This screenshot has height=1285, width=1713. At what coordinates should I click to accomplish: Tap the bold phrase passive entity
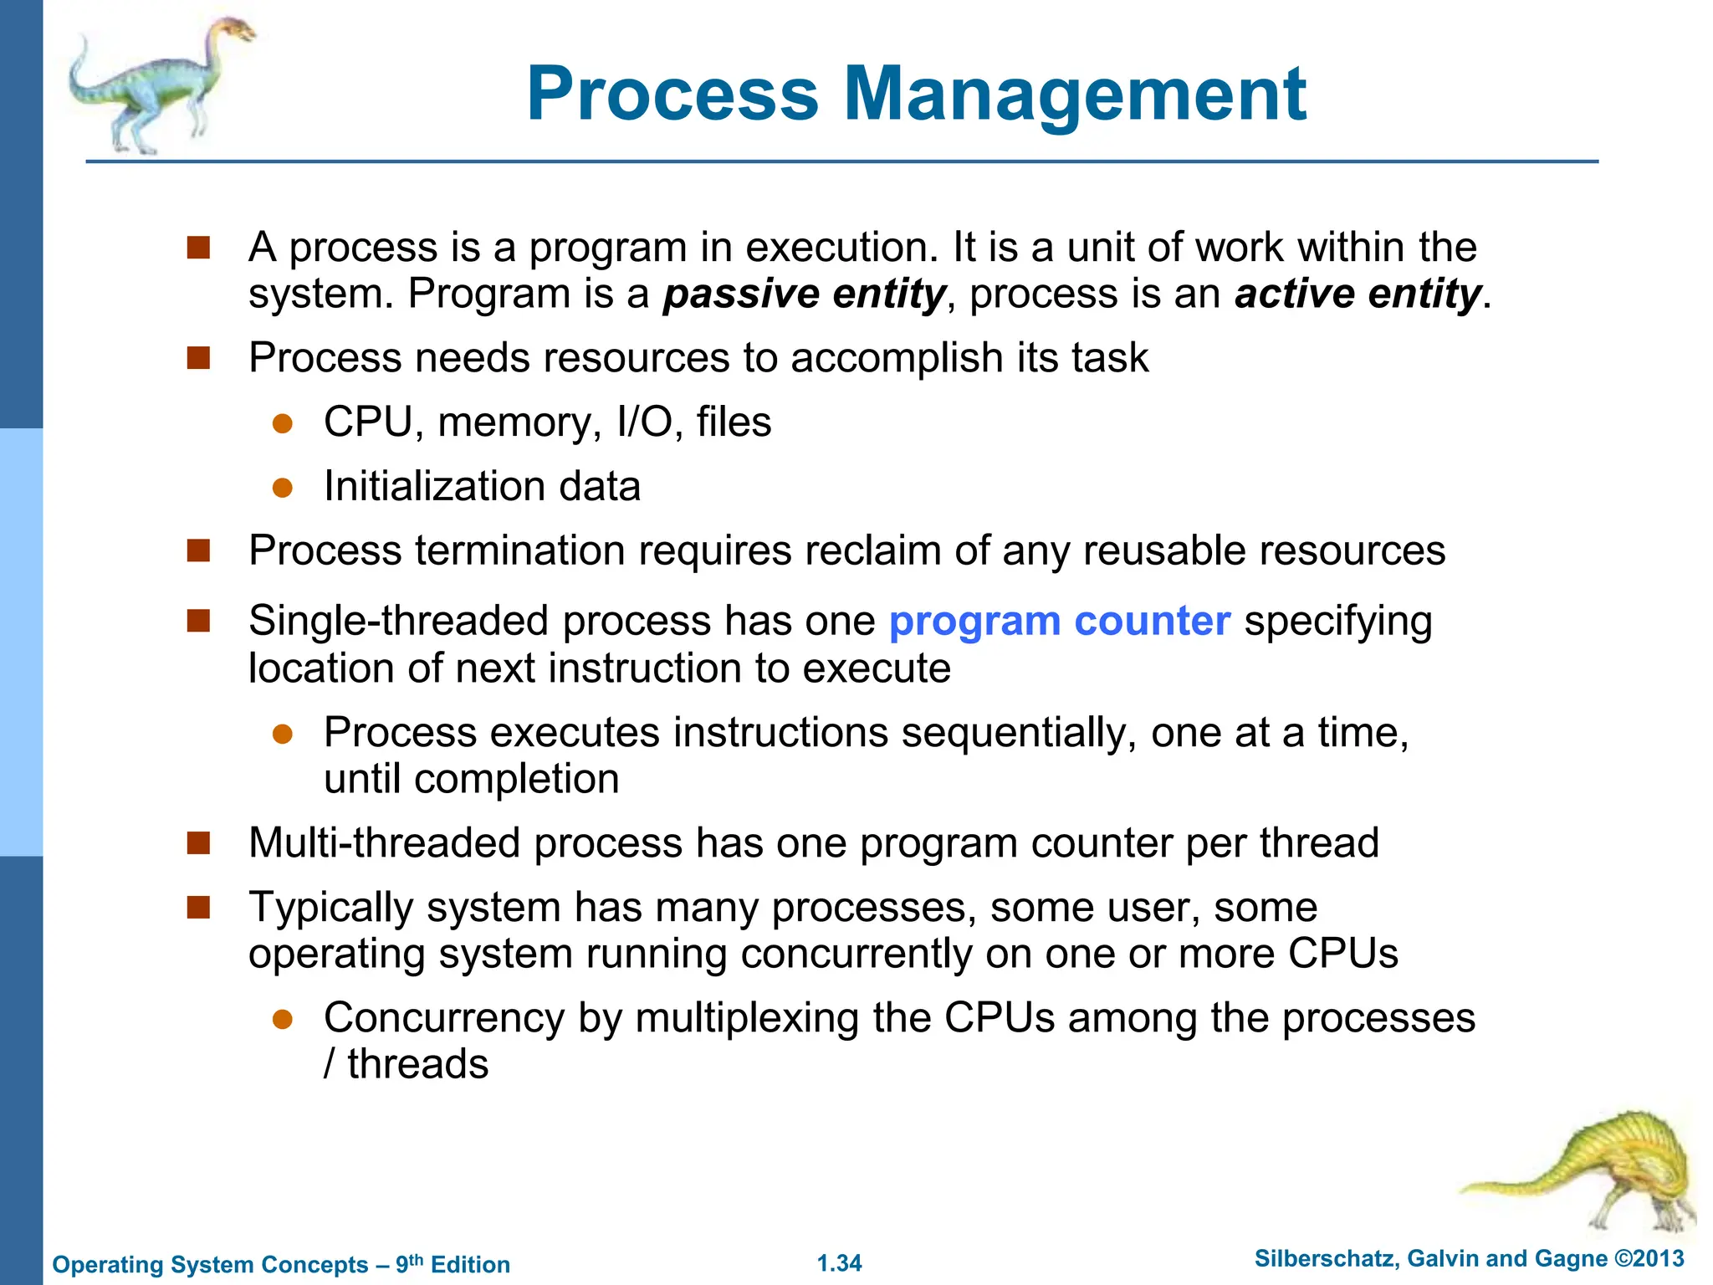pos(804,294)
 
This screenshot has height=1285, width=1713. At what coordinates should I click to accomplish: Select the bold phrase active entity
pos(1357,294)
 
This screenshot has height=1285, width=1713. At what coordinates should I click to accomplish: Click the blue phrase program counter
pos(1059,621)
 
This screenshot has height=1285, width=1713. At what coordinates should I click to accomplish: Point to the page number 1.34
pos(839,1263)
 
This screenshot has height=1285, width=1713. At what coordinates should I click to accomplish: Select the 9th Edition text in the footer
pos(453,1264)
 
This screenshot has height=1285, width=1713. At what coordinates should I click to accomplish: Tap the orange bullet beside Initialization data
pos(283,488)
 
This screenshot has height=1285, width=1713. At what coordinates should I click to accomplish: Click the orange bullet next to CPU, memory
pos(283,423)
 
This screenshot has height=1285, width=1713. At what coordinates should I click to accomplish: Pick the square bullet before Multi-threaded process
pos(198,842)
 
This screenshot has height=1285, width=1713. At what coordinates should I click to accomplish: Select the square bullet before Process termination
pos(198,550)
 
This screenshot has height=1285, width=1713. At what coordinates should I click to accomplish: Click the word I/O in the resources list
pos(644,422)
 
